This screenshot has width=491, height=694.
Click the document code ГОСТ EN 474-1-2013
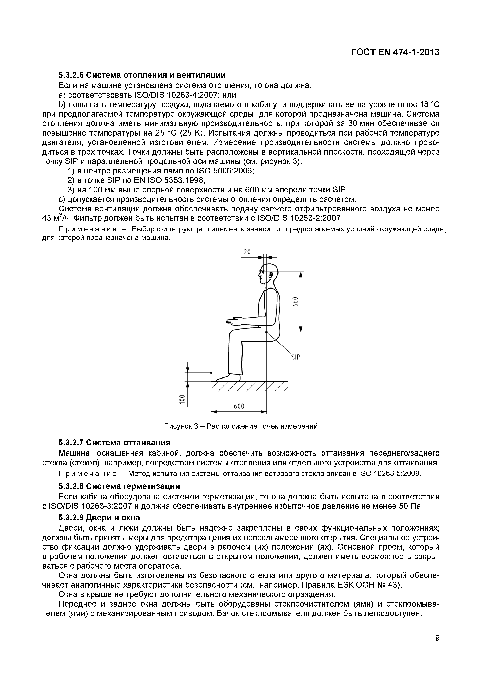click(x=395, y=52)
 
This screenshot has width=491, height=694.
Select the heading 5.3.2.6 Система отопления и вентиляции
click(x=142, y=75)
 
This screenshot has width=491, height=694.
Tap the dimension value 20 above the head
click(x=247, y=251)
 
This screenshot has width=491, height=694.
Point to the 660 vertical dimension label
click(x=295, y=301)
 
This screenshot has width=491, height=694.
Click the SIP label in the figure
click(x=296, y=357)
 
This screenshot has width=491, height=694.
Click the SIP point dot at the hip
click(x=266, y=332)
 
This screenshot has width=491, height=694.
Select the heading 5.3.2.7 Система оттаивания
click(x=114, y=443)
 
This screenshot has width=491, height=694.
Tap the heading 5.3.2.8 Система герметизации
click(x=119, y=486)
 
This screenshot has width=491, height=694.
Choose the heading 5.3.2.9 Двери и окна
click(x=99, y=518)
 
